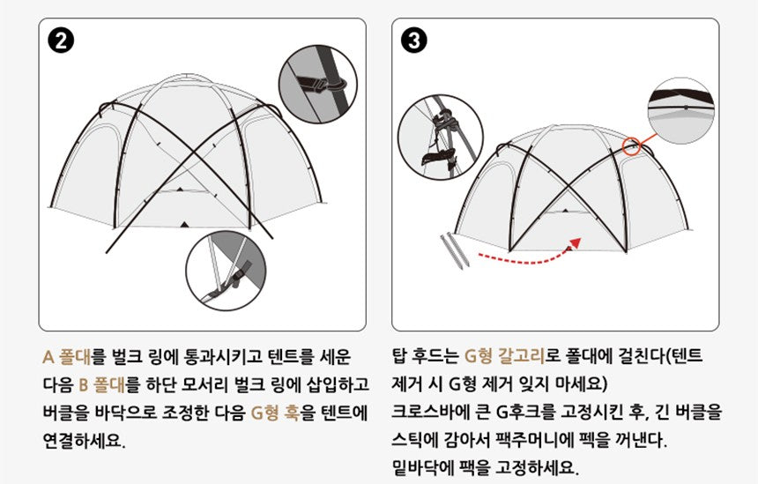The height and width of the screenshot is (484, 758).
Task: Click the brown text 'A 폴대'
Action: point(65,357)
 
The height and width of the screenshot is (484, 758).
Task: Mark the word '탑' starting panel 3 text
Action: point(399,357)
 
